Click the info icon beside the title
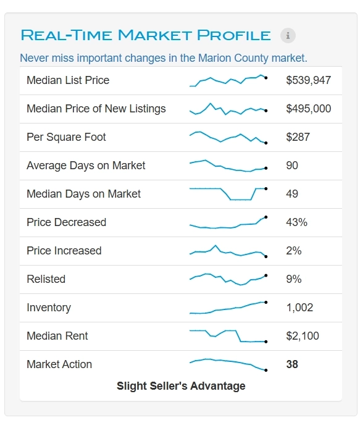(288, 35)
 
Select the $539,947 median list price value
(308, 80)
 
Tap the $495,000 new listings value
(308, 109)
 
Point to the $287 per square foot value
(298, 137)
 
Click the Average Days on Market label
(86, 166)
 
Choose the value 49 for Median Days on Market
(292, 194)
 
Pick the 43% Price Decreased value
(296, 222)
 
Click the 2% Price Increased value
(294, 251)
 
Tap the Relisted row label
(46, 279)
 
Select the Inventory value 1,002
(299, 308)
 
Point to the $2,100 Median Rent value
(303, 336)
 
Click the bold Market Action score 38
(292, 364)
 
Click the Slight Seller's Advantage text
(181, 386)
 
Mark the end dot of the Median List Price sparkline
(266, 78)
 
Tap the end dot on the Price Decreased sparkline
(266, 217)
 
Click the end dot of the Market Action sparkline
(266, 371)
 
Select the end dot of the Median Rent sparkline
(266, 342)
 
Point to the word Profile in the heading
(234, 35)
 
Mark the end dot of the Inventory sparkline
(266, 303)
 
